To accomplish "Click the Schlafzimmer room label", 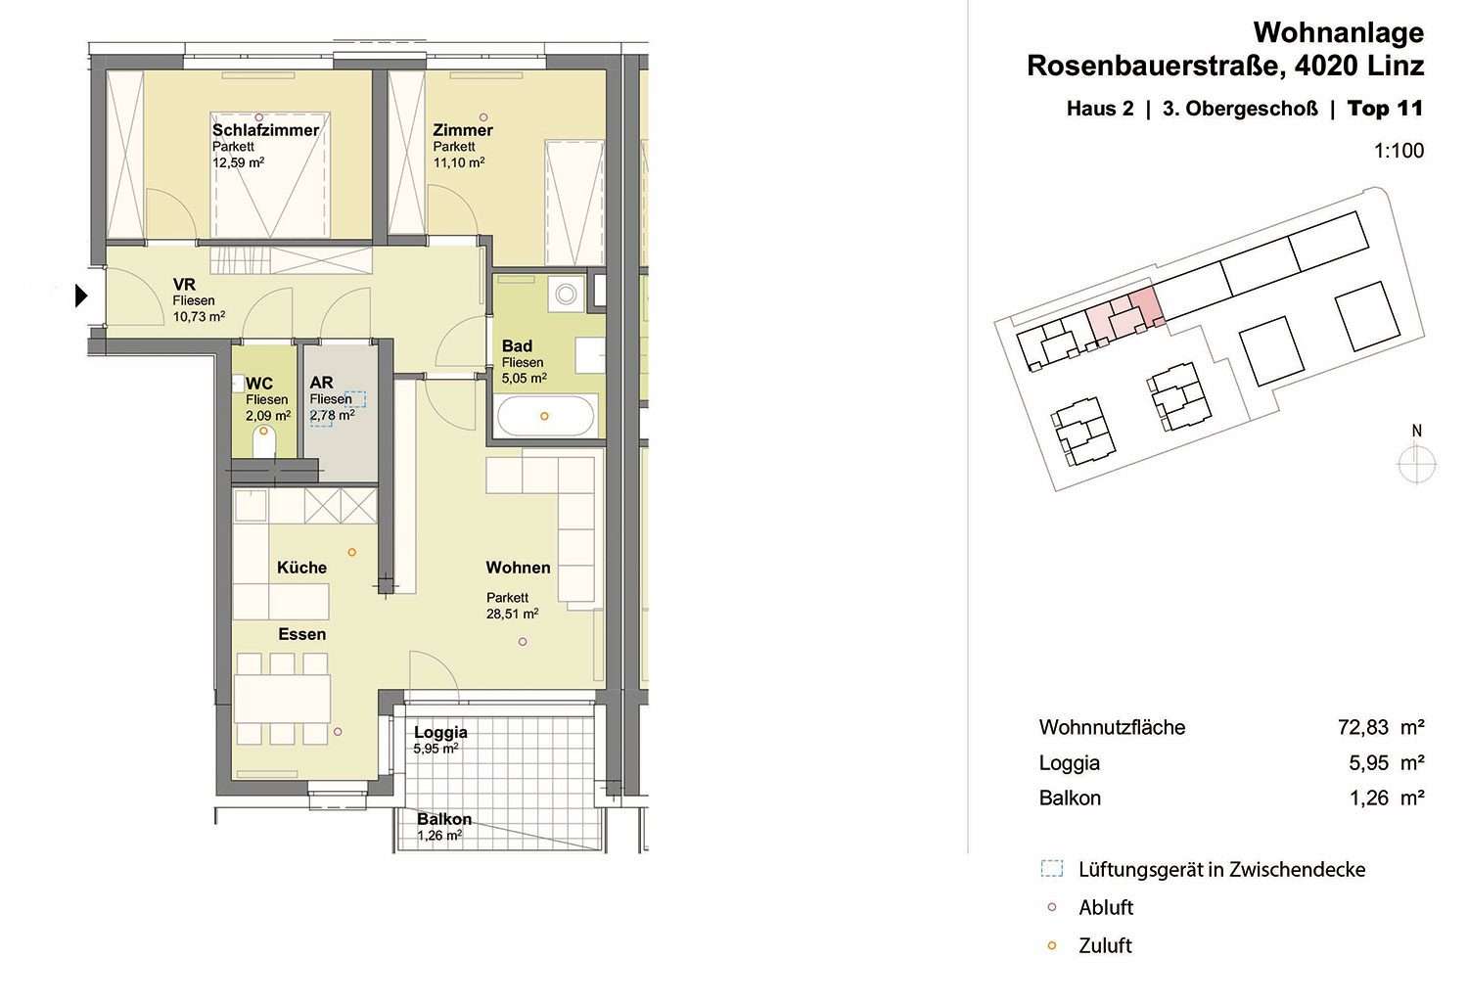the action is [x=265, y=130].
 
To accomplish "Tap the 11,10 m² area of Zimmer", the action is [x=459, y=162].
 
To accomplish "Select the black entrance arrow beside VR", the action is [x=81, y=296].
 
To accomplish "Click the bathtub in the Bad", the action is [x=545, y=416].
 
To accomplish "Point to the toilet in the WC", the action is [x=264, y=441].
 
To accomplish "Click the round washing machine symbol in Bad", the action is [x=566, y=294].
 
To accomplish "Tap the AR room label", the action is [x=321, y=382].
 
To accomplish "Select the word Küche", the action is [x=301, y=567].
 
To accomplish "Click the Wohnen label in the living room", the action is [x=518, y=567].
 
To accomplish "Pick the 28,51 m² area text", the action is [x=513, y=615].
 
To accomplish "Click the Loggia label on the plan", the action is [x=440, y=732].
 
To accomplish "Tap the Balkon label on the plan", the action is [x=444, y=819].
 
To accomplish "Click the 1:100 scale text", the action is [x=1399, y=151].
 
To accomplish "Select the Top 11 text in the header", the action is [x=1386, y=109].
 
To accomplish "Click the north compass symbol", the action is [x=1417, y=464].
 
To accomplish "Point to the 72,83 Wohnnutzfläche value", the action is [x=1363, y=727].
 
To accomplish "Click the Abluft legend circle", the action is [x=1052, y=908].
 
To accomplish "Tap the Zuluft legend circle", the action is [x=1052, y=945].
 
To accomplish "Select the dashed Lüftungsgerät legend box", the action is [x=1052, y=869].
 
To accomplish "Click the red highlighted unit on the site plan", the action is [x=1124, y=316].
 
